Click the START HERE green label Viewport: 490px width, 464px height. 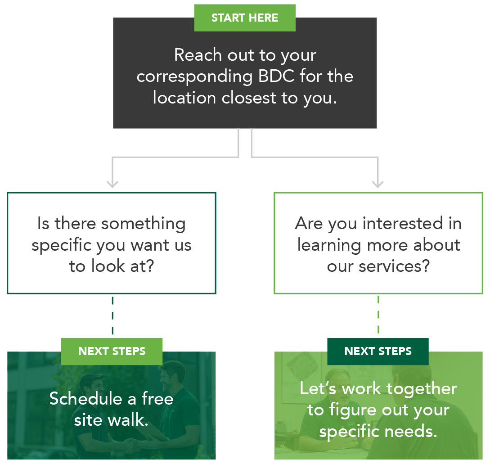pos(244,18)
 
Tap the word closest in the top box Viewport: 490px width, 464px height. pos(248,98)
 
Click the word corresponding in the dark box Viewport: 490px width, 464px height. pos(195,77)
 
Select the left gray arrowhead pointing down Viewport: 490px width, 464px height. pos(112,184)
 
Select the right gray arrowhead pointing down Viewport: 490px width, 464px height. pos(378,184)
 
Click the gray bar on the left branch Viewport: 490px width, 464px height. pos(175,168)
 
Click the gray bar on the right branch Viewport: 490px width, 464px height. pos(315,168)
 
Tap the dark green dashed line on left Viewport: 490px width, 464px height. pos(112,315)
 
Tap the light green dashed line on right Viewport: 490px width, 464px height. pos(378,315)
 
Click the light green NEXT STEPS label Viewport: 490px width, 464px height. pos(112,351)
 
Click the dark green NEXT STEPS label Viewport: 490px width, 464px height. pos(378,351)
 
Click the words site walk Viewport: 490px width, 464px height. pos(111,420)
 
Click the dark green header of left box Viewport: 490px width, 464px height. pos(112,206)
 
